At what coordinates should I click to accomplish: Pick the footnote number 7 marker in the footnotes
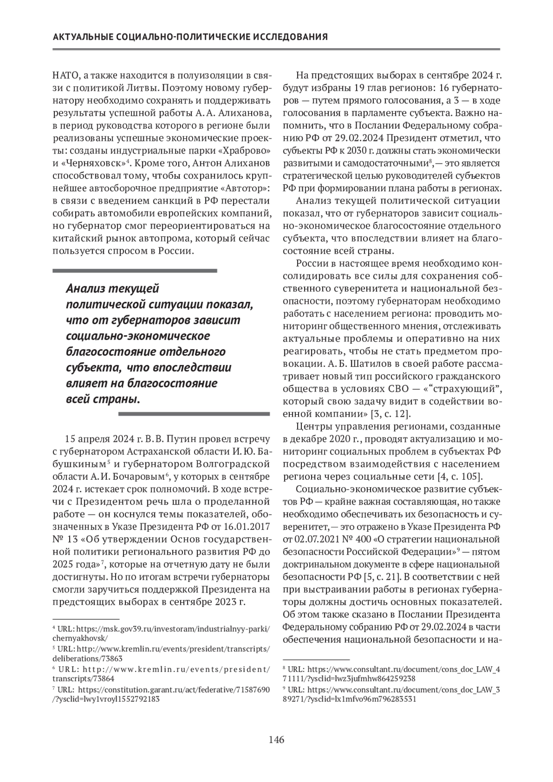(54, 689)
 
